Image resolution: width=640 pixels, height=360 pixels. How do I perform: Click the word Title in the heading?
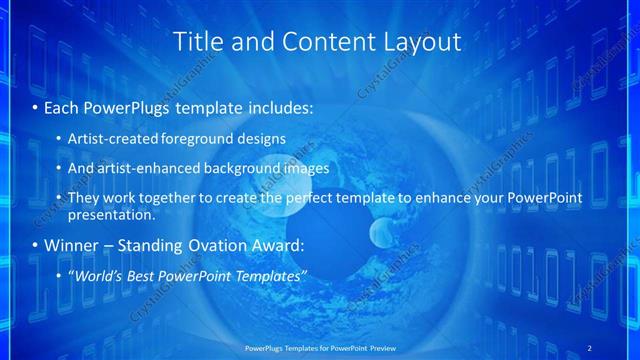click(x=196, y=42)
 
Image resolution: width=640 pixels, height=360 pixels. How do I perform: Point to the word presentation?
click(x=110, y=215)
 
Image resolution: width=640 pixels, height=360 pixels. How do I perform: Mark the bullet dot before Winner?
click(x=36, y=245)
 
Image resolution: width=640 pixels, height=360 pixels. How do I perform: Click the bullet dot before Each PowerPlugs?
click(x=36, y=106)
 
